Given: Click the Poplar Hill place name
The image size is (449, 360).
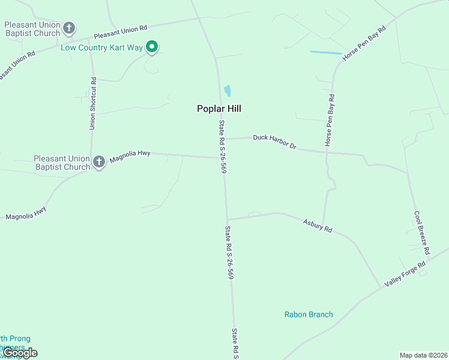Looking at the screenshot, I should click(219, 109).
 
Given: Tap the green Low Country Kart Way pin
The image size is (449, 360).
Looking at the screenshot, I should click(152, 46).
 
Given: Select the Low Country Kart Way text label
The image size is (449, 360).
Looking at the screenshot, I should click(101, 47).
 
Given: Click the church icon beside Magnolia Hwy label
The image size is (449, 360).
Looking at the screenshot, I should click(99, 161).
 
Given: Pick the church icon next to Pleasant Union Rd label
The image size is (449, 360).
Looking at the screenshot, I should click(70, 28).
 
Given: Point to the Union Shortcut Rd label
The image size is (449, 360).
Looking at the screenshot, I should click(92, 103).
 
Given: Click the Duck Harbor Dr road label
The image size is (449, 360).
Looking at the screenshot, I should click(275, 141).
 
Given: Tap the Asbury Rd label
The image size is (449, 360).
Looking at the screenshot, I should click(318, 225).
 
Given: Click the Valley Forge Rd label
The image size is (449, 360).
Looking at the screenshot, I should click(405, 274).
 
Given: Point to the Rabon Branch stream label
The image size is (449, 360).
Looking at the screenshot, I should click(309, 314).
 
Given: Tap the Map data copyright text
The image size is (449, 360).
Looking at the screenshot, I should click(423, 355).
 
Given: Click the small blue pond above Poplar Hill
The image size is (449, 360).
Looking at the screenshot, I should click(228, 91).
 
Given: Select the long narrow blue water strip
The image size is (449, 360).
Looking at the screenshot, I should click(325, 53).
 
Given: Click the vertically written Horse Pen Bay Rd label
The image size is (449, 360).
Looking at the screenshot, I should click(329, 121).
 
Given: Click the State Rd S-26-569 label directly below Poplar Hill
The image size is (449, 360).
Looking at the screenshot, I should click(223, 147).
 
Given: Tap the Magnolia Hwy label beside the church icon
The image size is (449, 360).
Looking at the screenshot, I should click(135, 154).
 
